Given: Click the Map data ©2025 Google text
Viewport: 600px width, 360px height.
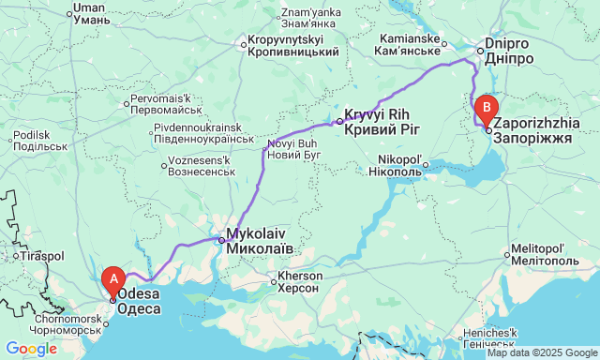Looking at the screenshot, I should pyautogui.click(x=541, y=352).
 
